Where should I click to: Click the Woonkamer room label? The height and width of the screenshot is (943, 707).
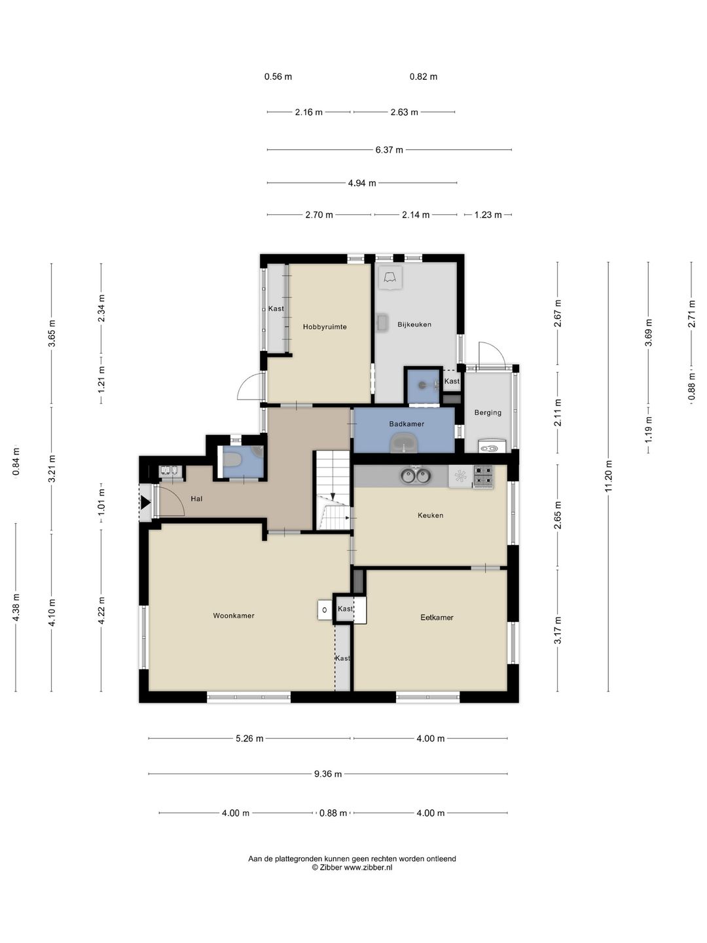[234, 616]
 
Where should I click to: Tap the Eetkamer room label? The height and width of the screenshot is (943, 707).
[437, 618]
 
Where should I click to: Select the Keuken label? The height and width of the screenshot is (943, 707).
[430, 515]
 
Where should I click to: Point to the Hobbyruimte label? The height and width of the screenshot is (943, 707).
[325, 327]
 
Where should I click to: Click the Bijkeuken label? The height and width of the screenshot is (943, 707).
[414, 324]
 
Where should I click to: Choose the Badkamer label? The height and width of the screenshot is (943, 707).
[407, 424]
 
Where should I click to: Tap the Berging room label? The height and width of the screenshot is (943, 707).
[488, 413]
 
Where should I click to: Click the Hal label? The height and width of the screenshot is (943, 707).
[196, 499]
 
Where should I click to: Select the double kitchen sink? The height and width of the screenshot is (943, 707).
[416, 475]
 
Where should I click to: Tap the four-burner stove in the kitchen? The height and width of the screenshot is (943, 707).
[483, 476]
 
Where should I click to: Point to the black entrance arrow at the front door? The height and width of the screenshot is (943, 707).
[145, 503]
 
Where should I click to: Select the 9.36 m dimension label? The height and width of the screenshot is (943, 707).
[329, 774]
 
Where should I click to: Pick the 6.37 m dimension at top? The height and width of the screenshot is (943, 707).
[390, 150]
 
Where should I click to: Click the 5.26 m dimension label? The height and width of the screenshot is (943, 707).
[249, 739]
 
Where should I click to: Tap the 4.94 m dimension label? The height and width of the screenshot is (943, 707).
[362, 183]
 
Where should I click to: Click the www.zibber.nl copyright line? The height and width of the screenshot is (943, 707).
[352, 868]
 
